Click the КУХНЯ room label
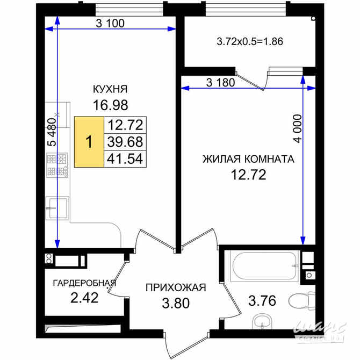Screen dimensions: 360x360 point(110,89)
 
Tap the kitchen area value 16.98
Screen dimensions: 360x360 point(110,105)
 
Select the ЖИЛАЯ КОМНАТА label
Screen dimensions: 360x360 point(248,159)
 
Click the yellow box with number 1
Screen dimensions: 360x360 point(89,142)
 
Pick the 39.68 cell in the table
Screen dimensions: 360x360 point(125,142)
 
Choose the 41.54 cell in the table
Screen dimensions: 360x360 point(125,159)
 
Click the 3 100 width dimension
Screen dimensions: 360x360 point(110,23)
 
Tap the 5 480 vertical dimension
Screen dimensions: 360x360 point(52,132)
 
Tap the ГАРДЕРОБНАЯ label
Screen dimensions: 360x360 point(84,283)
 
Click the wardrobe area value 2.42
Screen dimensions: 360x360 point(84,298)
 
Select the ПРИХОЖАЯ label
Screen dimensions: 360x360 point(176,287)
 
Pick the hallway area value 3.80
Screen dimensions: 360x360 point(176,304)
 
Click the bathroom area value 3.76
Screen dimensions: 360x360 point(262,301)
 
